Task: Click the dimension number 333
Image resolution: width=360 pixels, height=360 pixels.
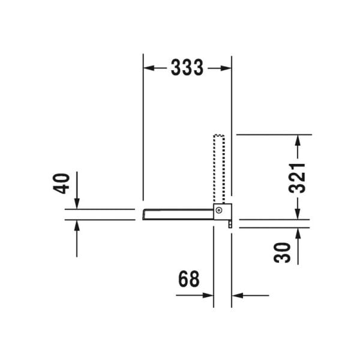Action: coord(187,68)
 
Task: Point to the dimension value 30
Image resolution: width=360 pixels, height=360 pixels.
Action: coord(284,252)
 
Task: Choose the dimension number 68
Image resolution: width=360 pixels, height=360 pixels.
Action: coord(188,279)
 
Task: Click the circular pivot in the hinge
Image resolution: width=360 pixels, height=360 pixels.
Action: coord(220,211)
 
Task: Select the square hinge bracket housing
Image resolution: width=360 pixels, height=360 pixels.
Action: coord(222,211)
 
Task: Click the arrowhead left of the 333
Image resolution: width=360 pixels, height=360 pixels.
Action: coord(149,68)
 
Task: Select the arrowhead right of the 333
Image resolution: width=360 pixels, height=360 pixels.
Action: coord(226,68)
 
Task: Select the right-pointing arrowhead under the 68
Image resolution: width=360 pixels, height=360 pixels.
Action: coord(208,295)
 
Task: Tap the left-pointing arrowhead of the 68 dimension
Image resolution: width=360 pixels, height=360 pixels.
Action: coord(238,295)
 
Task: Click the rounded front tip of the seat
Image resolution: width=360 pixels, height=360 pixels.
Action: coord(145,214)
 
